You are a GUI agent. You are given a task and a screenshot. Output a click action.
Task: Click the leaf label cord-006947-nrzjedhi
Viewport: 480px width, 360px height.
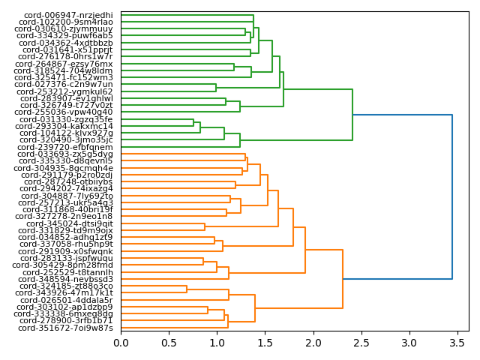pyautogui.click(x=68, y=15)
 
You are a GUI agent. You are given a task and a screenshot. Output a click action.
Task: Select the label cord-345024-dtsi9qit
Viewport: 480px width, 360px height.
pyautogui.click(x=70, y=223)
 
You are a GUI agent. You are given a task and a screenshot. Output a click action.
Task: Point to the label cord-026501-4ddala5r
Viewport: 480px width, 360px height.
pyautogui.click(x=68, y=300)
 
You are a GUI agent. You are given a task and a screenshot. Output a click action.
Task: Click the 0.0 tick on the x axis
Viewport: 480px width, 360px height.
pyautogui.click(x=121, y=343)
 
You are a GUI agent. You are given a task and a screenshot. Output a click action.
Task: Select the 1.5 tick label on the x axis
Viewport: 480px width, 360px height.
pyautogui.click(x=265, y=343)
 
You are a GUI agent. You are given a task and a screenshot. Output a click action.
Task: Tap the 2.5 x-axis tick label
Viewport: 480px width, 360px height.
pyautogui.click(x=361, y=343)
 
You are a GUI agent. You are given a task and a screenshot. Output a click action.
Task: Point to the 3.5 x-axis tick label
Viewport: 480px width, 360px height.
pyautogui.click(x=457, y=343)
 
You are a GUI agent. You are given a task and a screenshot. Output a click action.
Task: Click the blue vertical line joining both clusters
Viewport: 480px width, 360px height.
pyautogui.click(x=452, y=196)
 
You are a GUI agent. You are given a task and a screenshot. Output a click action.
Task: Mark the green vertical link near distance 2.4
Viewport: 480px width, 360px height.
pyautogui.click(x=352, y=115)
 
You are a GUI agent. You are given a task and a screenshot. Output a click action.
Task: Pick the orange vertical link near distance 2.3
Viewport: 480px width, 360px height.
pyautogui.click(x=343, y=279)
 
